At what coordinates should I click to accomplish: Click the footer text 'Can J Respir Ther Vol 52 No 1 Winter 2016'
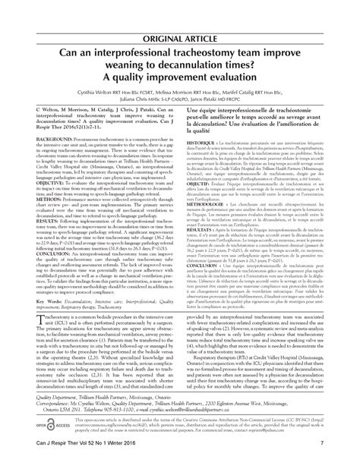click(x=66, y=461)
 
